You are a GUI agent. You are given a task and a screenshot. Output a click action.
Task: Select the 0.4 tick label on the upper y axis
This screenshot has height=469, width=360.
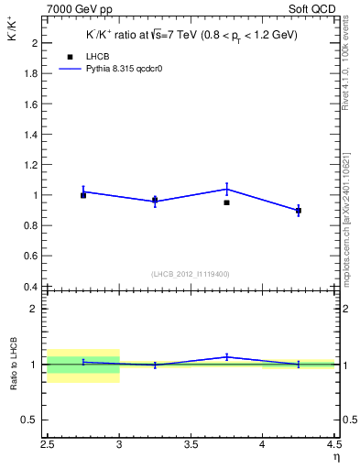pos(31,286)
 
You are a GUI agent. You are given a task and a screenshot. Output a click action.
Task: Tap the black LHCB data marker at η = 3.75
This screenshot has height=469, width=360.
pos(226,202)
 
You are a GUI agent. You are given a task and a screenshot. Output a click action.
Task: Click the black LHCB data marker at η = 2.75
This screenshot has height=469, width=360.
pos(83,195)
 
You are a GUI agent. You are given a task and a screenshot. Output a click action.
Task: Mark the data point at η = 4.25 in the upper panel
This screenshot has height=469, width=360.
pos(298,211)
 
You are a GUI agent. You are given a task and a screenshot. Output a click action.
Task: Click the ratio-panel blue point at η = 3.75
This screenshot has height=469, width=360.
pos(226,356)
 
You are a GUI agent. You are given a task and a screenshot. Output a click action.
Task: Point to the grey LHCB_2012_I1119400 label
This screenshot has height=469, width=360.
pos(191,274)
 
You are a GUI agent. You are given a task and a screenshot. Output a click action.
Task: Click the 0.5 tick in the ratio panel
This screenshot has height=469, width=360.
pos(31,420)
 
